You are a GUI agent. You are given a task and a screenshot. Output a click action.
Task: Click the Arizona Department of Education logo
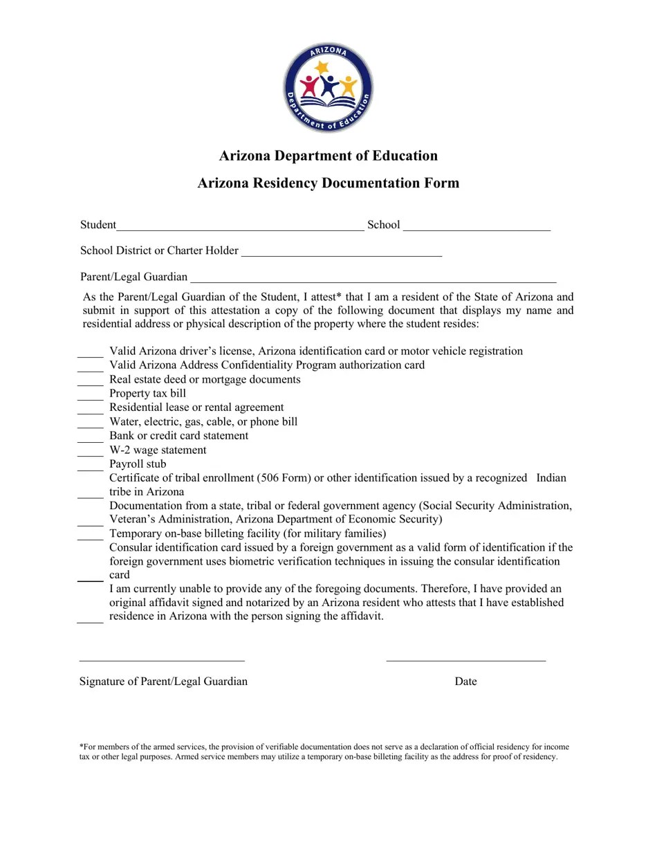[x=328, y=87]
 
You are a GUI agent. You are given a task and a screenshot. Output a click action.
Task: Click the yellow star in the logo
[x=322, y=68]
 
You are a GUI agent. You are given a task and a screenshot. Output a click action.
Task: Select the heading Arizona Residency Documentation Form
[x=328, y=183]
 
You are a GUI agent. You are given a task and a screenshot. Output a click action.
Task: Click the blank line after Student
[x=240, y=226]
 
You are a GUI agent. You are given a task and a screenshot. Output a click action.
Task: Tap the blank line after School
[x=476, y=226]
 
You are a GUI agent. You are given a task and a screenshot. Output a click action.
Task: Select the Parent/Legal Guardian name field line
[x=373, y=279]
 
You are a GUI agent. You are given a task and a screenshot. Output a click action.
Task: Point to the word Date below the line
[x=465, y=681]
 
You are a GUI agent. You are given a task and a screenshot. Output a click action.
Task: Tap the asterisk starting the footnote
[x=82, y=747]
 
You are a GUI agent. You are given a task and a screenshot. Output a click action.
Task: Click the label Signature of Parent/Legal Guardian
[x=163, y=681]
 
